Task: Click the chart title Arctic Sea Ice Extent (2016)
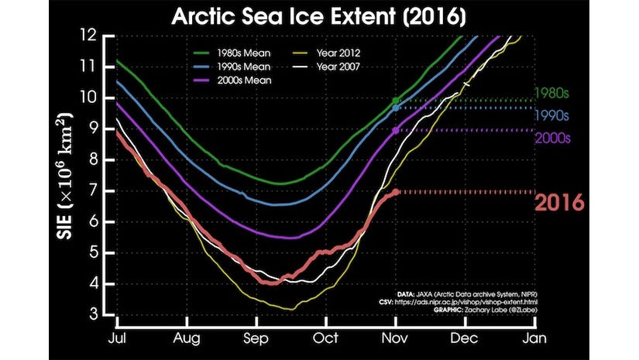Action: (319, 16)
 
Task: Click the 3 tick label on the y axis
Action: (100, 314)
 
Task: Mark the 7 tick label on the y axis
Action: (100, 190)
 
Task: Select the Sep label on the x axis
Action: (256, 338)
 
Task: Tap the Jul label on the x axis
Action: (116, 338)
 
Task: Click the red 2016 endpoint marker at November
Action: (397, 191)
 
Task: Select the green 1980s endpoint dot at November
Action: (397, 101)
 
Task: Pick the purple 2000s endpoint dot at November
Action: (397, 131)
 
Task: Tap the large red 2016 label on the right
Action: (558, 203)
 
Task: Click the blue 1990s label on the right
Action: (552, 116)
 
